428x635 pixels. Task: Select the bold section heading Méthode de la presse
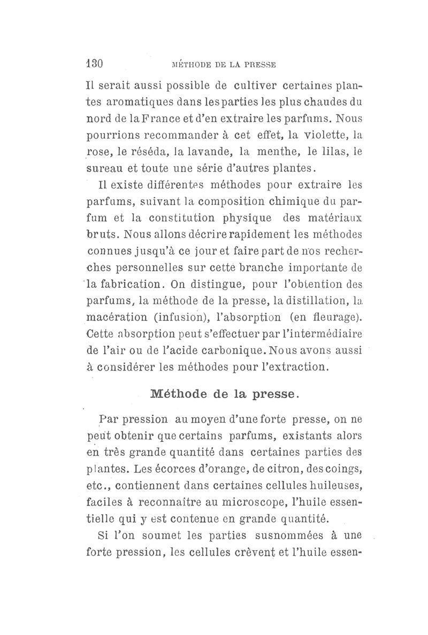click(223, 395)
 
